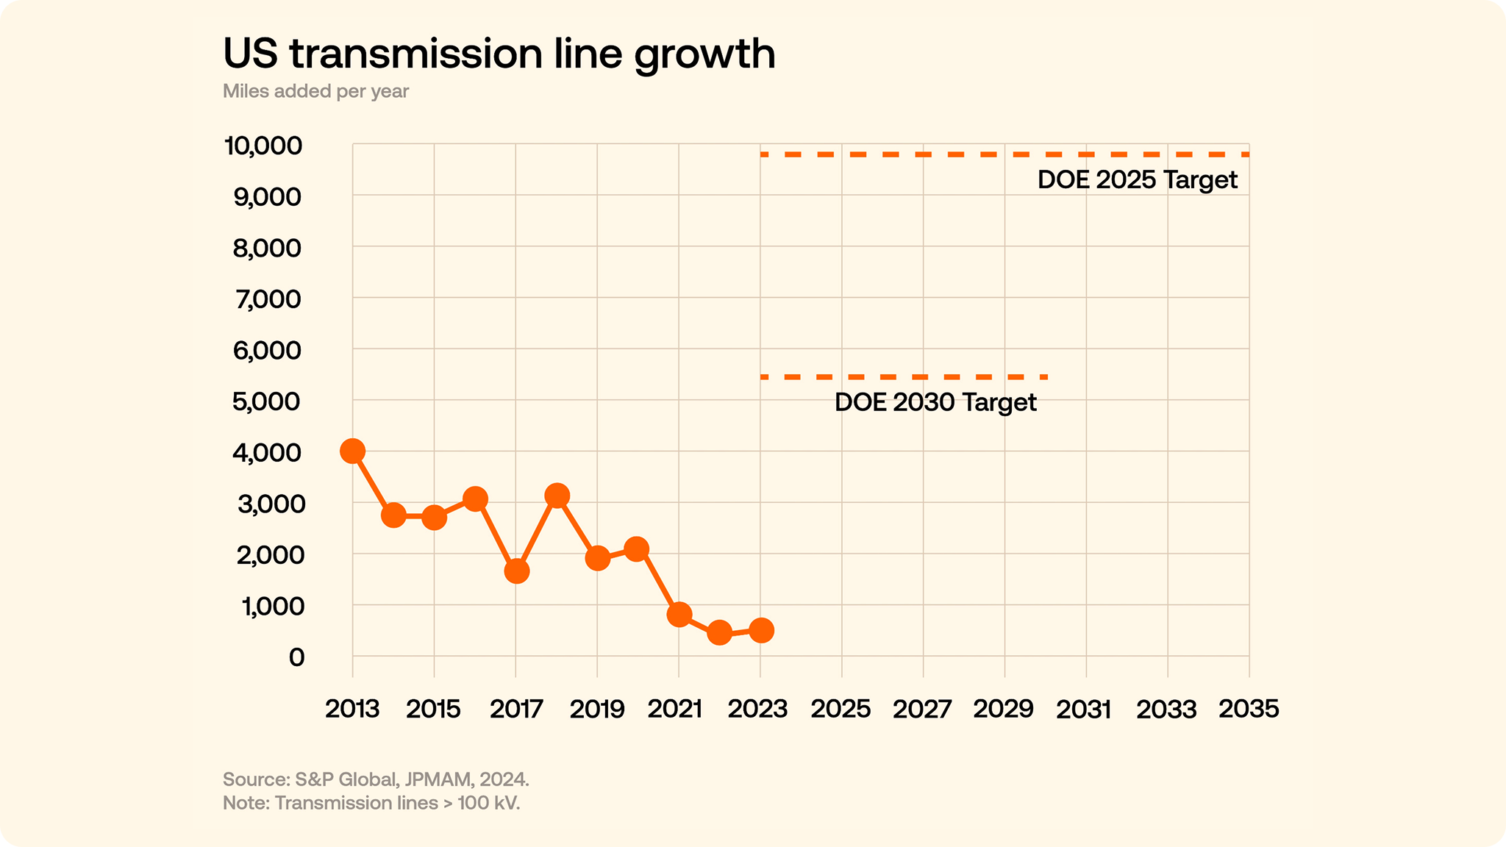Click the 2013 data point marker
point(353,451)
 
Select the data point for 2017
point(517,571)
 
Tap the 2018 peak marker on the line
point(557,496)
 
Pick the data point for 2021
point(679,615)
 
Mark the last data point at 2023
point(761,630)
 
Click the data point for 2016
point(476,499)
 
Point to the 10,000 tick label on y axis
point(263,146)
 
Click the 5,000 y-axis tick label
point(267,401)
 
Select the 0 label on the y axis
point(296,657)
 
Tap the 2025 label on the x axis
point(841,709)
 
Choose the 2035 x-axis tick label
point(1249,709)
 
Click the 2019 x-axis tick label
point(597,709)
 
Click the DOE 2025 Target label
point(1137,180)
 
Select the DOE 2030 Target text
point(935,402)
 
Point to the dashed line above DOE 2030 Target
point(904,377)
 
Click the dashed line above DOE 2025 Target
point(1004,154)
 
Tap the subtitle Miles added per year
point(315,91)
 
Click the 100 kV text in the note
point(488,803)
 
